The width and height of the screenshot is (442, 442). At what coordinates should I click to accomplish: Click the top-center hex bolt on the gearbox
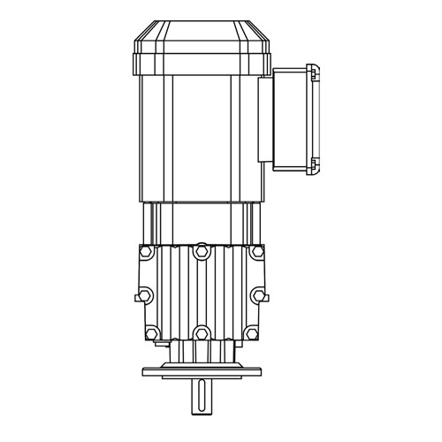pyautogui.click(x=202, y=255)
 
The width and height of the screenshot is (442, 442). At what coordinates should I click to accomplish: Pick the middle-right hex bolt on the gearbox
pyautogui.click(x=257, y=294)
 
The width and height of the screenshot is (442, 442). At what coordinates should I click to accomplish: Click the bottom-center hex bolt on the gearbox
pyautogui.click(x=202, y=334)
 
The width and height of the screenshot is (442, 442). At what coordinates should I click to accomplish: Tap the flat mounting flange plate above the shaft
pyautogui.click(x=202, y=370)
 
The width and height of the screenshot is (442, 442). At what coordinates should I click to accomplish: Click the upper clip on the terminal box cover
pyautogui.click(x=311, y=70)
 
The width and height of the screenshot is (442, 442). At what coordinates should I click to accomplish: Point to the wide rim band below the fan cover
pyautogui.click(x=202, y=64)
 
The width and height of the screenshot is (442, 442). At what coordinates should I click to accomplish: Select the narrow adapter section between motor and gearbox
pyautogui.click(x=202, y=221)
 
